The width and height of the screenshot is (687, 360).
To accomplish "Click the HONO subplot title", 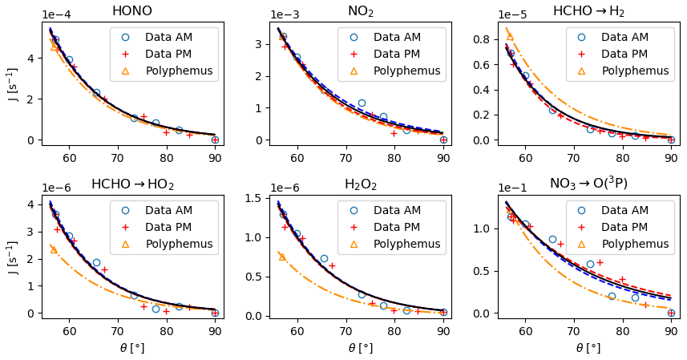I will tap(132, 11).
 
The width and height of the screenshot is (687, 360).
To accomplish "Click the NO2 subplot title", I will tap(360, 11).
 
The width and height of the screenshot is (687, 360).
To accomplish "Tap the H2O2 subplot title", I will tap(360, 184).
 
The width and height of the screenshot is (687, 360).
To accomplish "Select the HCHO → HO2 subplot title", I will tap(132, 184).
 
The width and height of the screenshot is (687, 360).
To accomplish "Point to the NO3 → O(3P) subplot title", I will tap(588, 184).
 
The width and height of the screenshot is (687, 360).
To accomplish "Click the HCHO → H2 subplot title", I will tap(588, 11).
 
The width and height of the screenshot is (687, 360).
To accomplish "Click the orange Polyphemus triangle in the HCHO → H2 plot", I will tap(510, 36).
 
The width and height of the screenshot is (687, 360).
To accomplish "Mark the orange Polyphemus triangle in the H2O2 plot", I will tap(282, 257).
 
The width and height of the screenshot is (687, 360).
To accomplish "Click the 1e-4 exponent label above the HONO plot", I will tap(55, 14).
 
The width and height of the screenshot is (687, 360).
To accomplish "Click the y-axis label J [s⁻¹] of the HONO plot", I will tap(13, 83).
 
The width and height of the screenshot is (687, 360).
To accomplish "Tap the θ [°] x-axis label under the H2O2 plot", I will tap(360, 348).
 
